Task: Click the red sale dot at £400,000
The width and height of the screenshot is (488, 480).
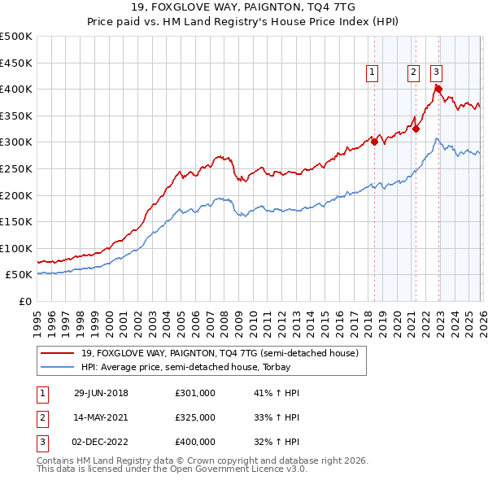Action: coord(438,89)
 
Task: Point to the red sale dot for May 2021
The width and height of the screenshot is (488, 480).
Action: coord(416,129)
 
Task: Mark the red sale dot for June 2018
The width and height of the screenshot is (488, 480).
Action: coord(374,142)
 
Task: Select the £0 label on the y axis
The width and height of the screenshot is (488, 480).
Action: coord(26,301)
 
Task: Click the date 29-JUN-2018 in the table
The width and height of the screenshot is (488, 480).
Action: coord(101,393)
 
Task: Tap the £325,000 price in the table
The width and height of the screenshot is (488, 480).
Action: coord(194,417)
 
